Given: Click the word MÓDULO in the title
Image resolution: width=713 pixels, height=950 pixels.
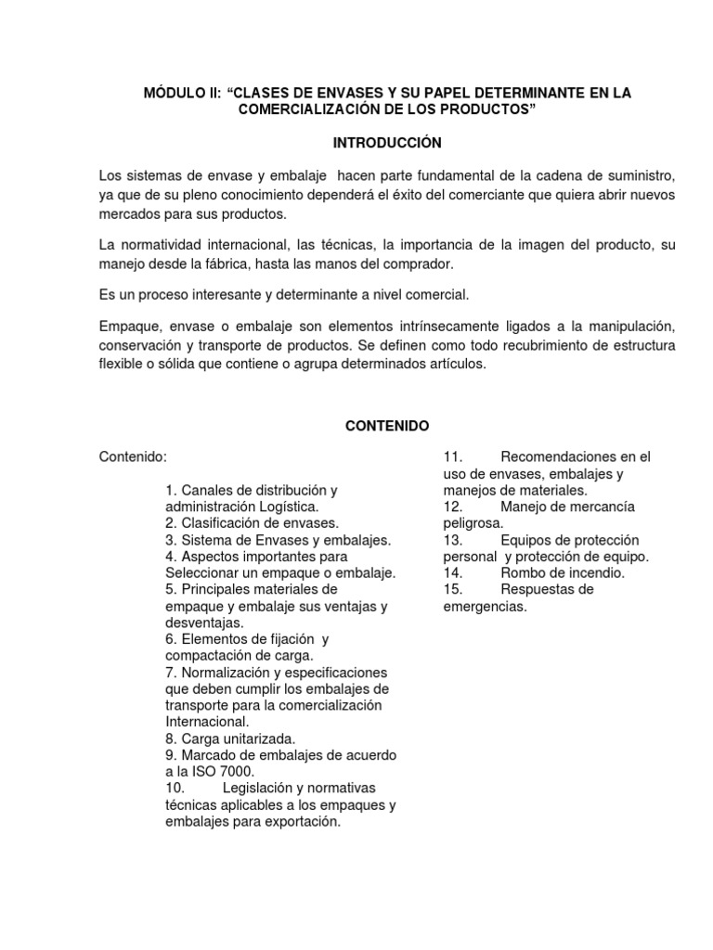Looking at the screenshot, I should [171, 93].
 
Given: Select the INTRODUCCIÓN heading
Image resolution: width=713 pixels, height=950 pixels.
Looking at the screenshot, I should [387, 143].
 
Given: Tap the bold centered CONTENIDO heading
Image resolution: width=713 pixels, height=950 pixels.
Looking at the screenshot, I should [387, 426].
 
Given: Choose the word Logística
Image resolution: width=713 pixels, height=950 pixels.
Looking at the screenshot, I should [283, 507].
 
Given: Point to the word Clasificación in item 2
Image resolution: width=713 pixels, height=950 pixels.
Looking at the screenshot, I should [223, 523].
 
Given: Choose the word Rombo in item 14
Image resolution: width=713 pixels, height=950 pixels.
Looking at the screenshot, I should [520, 573].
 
